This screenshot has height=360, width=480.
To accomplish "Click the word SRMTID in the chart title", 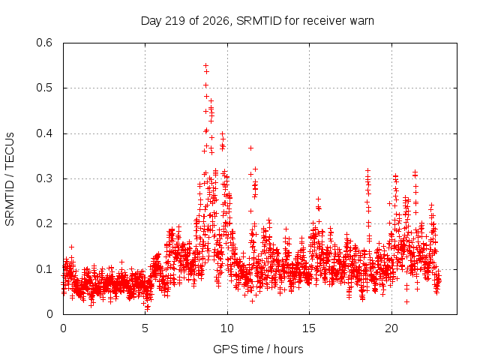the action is pos(259,21).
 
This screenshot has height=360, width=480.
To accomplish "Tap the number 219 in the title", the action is pos(175,21).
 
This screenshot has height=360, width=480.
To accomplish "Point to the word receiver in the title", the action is pos(325,21).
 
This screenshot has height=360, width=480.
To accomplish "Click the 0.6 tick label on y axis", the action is pos(44,43).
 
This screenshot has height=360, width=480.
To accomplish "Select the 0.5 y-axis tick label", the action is pos(44,88).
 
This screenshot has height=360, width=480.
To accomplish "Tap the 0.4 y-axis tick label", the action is pos(44,133).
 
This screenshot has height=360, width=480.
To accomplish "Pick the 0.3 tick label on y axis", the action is pos(44,178).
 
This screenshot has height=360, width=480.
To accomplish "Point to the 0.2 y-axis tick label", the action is pos(44,223).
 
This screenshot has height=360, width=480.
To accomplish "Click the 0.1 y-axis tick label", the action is pos(44,269).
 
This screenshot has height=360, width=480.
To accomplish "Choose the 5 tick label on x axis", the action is pos(145,328).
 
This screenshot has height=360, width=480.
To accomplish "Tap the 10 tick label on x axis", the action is pos(226,328).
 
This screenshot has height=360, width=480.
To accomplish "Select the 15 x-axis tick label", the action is pos(309,328).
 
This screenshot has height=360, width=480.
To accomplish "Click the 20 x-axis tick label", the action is pos(391,328).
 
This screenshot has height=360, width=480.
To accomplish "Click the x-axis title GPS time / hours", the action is pos(258,349).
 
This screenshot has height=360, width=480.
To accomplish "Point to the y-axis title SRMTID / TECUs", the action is pos(10,179).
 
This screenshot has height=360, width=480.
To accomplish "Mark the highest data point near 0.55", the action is pos(206,65).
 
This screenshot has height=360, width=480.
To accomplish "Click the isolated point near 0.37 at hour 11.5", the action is pos(250,148).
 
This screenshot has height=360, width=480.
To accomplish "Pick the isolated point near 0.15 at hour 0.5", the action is pos(72,247).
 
